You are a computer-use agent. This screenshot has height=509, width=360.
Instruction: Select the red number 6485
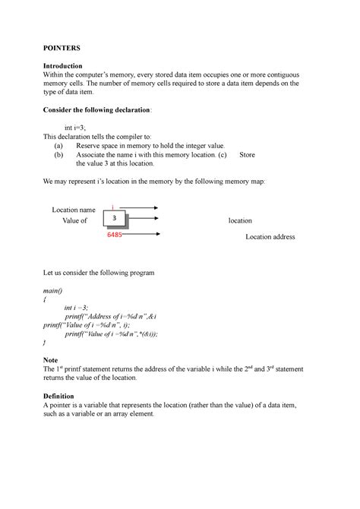(115, 236)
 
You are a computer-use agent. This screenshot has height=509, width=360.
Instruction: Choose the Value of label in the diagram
(74, 220)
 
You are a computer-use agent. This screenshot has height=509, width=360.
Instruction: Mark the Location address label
(270, 237)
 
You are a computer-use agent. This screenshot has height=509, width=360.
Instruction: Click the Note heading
(52, 359)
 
